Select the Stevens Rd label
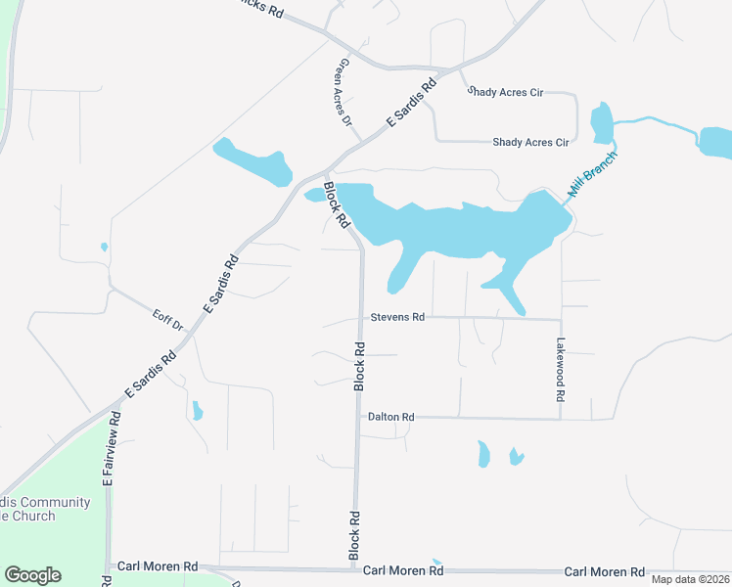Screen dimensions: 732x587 397,317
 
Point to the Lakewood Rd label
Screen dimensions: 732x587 561,371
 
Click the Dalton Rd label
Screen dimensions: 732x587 391,417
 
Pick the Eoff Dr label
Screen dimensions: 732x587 168,319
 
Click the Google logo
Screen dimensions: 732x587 33,575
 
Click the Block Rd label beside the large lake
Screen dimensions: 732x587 337,204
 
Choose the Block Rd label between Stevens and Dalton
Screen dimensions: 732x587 359,367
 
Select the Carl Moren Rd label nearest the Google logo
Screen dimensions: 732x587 158,566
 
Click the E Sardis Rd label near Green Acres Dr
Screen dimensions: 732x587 410,105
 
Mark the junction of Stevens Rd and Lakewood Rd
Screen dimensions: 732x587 561,319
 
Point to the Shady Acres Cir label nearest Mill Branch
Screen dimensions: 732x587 530,142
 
